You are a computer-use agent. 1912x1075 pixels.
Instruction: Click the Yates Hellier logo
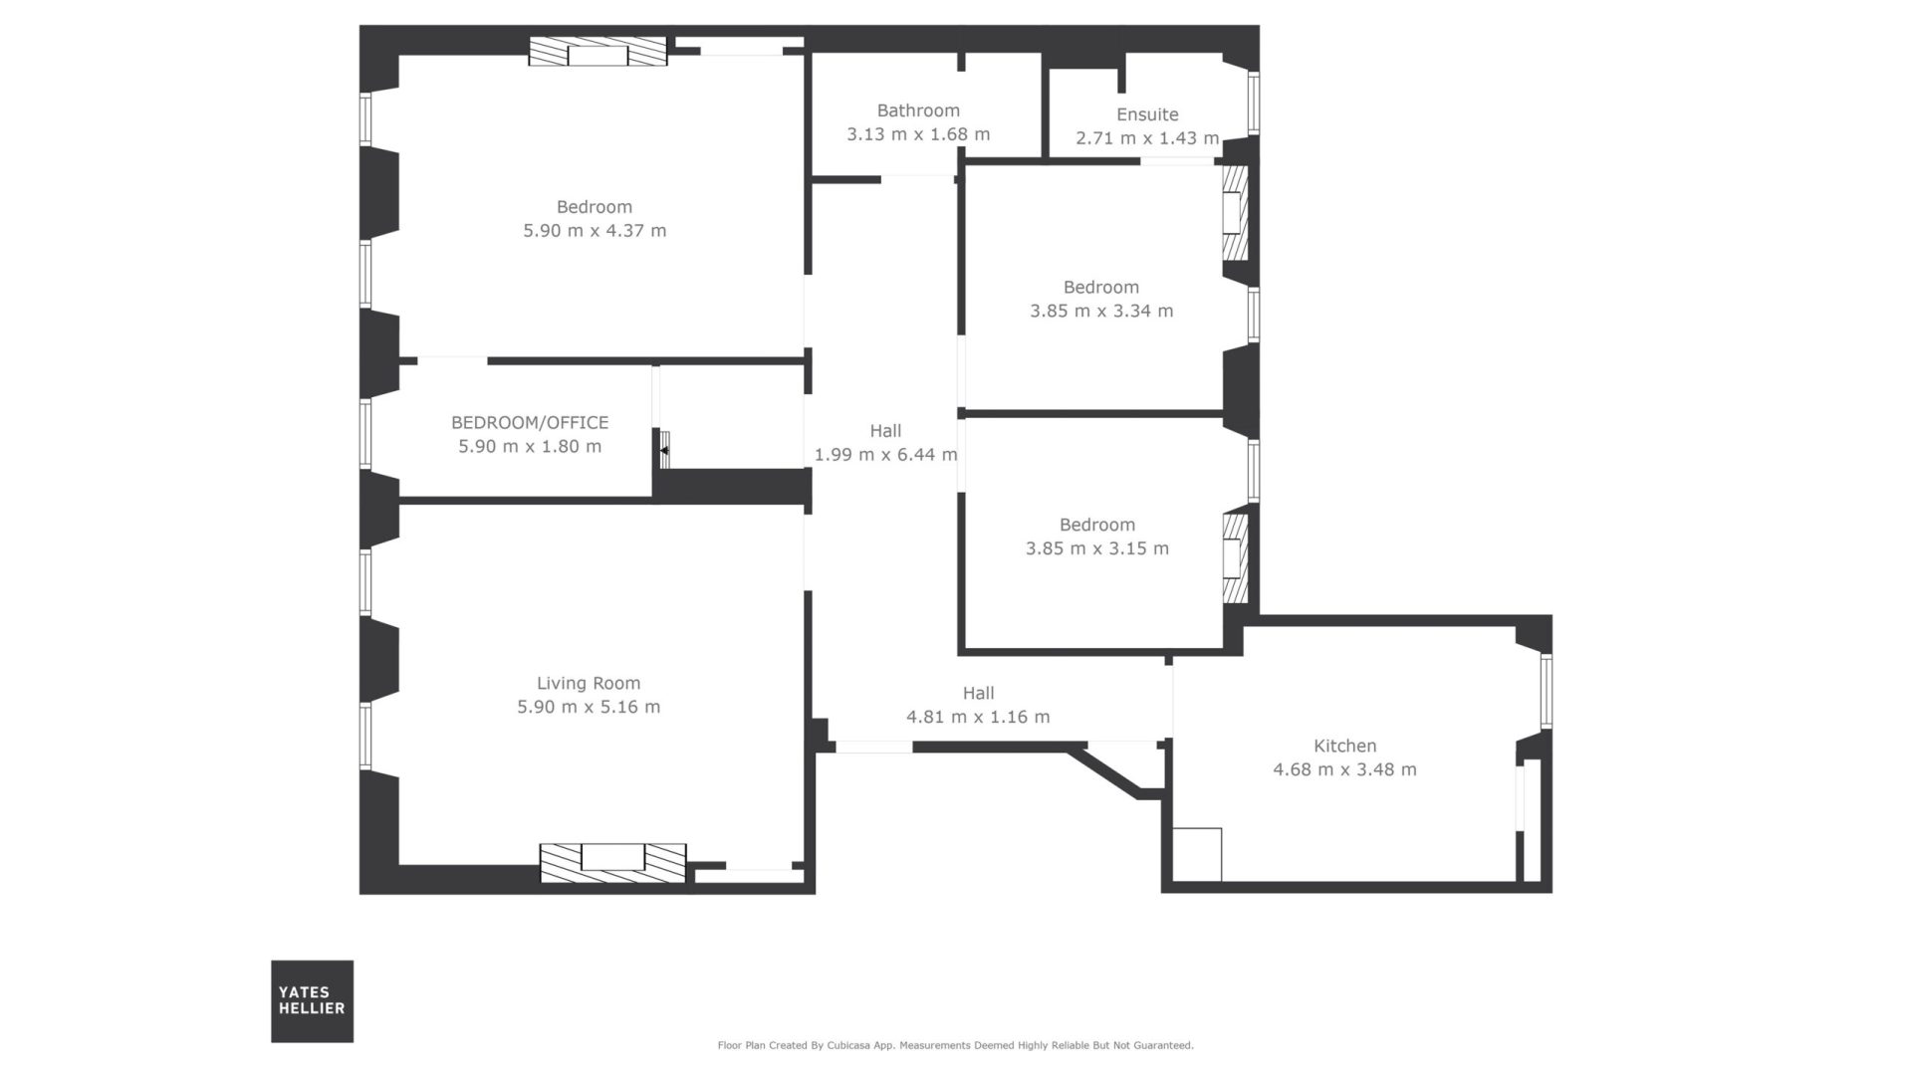(x=312, y=1000)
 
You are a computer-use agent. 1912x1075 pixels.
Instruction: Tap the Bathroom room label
(x=918, y=110)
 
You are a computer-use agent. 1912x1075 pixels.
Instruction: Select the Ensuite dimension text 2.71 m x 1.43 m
(x=1147, y=138)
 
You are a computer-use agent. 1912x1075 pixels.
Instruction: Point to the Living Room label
(x=589, y=683)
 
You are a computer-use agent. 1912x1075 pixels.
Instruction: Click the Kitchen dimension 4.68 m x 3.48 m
(x=1344, y=769)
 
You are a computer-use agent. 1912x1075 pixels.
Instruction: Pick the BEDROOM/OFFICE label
(x=530, y=422)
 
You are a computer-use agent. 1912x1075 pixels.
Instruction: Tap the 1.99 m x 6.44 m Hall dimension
(x=885, y=455)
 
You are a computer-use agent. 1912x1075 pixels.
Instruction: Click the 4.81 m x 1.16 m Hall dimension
(x=978, y=717)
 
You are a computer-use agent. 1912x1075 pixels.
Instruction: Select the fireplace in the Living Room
(x=613, y=862)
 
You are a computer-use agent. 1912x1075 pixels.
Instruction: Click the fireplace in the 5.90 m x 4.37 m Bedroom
(x=597, y=52)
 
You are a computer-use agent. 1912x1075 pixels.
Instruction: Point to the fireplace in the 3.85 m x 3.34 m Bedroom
(x=1235, y=213)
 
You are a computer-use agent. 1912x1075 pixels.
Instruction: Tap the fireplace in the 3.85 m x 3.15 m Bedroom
(x=1235, y=557)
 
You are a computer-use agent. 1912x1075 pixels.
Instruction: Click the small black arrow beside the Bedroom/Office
(x=662, y=451)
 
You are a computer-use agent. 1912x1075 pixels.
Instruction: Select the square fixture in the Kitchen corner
(x=1197, y=854)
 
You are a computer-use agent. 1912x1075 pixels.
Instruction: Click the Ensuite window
(x=1254, y=104)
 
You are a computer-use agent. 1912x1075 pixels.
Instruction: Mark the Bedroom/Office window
(x=365, y=434)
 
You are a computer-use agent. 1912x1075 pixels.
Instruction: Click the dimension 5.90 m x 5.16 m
(x=589, y=707)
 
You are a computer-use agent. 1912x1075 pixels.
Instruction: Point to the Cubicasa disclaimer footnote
(x=956, y=1045)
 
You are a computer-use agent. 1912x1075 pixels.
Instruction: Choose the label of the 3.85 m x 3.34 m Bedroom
(x=1101, y=287)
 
